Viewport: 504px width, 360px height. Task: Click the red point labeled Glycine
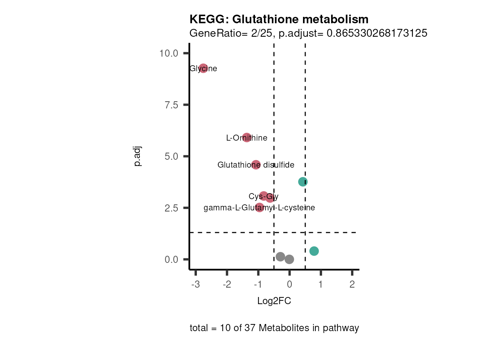tap(203, 68)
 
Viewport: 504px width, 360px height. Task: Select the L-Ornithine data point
tap(246, 138)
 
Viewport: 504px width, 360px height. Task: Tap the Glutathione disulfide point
tap(256, 165)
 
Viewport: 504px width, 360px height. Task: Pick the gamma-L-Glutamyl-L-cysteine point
tap(259, 207)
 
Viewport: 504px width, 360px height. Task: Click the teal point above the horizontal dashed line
tap(303, 182)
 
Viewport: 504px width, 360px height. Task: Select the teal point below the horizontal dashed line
tap(314, 251)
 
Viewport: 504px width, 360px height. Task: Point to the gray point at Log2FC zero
tap(289, 259)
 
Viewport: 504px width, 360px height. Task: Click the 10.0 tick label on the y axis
tap(169, 53)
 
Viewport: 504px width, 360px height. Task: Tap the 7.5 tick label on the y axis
tap(171, 105)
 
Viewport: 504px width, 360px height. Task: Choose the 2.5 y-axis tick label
tap(171, 208)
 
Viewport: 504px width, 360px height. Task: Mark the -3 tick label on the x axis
tap(195, 285)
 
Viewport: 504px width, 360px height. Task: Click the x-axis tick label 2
tap(352, 285)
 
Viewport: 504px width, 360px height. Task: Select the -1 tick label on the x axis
tap(258, 285)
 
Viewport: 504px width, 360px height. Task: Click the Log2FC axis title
tap(274, 301)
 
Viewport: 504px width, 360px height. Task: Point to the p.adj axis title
tap(138, 156)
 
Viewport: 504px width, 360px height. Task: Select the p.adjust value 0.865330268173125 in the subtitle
tap(377, 33)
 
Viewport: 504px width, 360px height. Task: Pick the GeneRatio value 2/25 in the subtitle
tap(262, 33)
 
